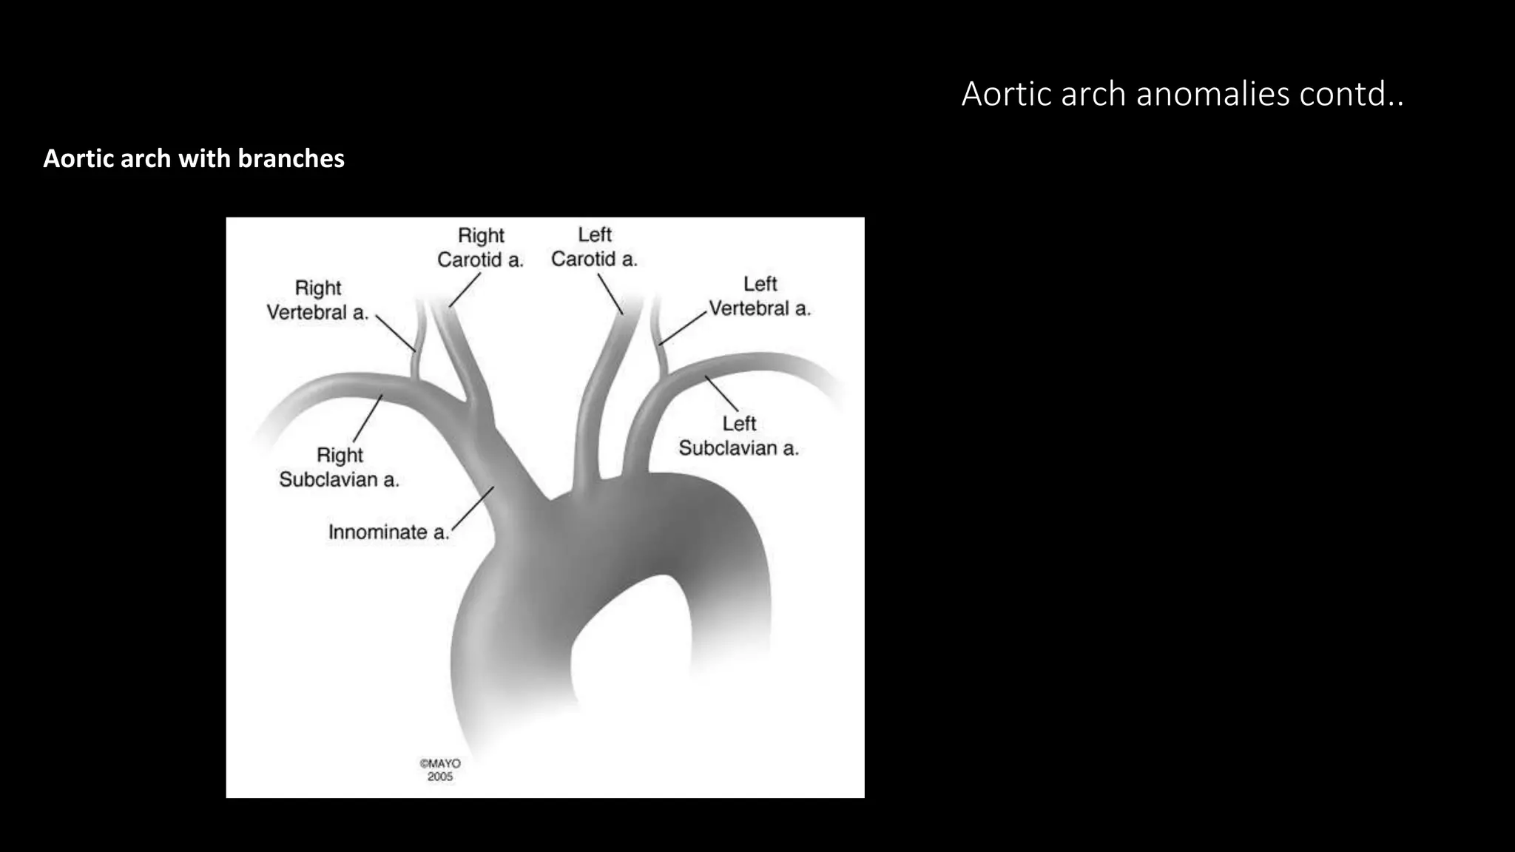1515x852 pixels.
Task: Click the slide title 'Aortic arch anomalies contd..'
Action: click(1182, 95)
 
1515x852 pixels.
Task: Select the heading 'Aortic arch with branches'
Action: click(194, 158)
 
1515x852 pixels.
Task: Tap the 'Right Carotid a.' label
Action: click(481, 248)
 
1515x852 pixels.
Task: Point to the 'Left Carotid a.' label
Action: click(594, 247)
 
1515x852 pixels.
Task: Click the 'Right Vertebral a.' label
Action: click(317, 300)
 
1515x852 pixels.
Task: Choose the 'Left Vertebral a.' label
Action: click(760, 297)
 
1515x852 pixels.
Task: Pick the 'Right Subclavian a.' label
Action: click(340, 467)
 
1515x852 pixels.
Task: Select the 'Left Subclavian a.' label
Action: click(739, 436)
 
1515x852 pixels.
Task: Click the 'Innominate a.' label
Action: click(388, 532)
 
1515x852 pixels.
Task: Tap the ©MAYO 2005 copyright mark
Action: click(440, 770)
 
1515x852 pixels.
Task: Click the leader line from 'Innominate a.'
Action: click(473, 508)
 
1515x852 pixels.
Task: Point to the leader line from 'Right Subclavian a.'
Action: click(368, 419)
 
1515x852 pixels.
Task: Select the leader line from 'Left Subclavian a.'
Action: click(721, 393)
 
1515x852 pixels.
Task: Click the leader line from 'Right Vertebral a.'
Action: click(396, 333)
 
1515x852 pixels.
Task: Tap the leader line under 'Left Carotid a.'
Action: click(610, 294)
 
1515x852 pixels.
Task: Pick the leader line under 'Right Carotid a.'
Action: click(465, 290)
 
